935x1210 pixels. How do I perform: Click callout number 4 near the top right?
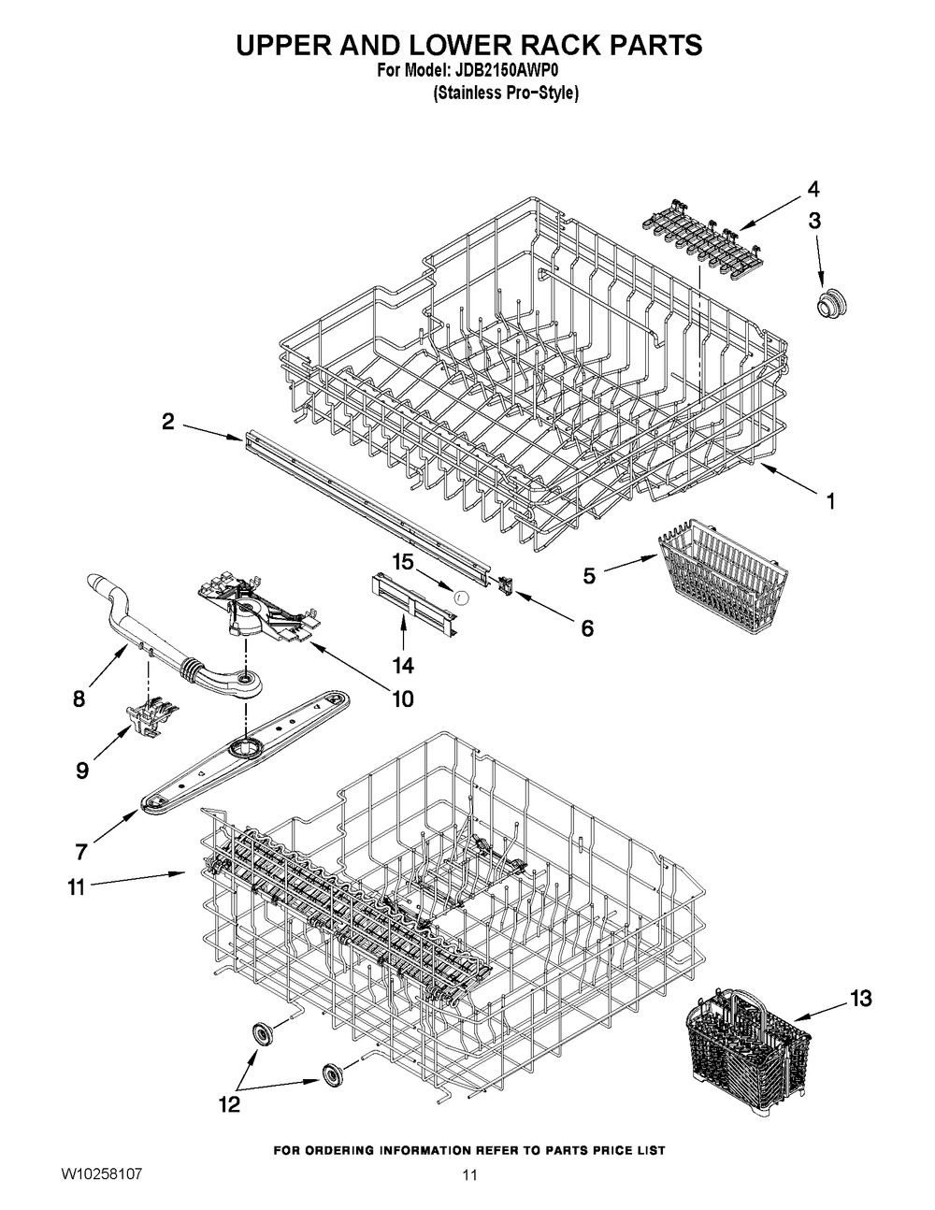pos(813,189)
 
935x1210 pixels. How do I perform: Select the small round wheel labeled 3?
pos(827,303)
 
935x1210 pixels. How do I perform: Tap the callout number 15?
pos(402,562)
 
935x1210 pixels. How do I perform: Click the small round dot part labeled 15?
pos(459,594)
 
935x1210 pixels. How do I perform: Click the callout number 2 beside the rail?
pos(167,423)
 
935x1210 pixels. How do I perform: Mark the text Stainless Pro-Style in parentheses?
pos(506,94)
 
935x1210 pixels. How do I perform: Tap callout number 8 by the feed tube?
pos(79,698)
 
